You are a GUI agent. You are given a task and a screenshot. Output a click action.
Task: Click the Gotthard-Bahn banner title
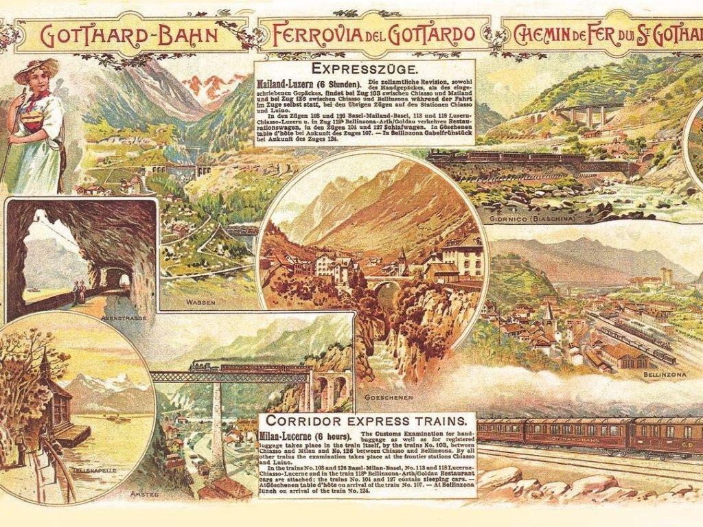point(130,34)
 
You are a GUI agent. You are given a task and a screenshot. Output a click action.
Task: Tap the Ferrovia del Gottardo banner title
point(373,34)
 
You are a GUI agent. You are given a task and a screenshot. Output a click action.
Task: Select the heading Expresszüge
point(364,69)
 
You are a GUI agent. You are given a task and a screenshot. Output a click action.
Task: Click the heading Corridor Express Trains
point(370,420)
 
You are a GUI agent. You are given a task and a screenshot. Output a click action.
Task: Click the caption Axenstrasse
point(119,318)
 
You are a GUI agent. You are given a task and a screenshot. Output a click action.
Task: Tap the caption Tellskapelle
point(79,471)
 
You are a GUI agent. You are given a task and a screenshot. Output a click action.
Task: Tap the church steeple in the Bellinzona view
point(549,313)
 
